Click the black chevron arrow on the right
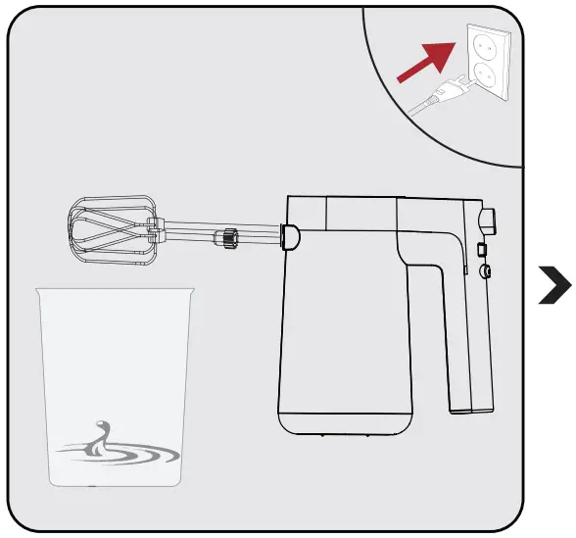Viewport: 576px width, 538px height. tap(555, 287)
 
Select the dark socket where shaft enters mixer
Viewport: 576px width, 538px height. tap(290, 235)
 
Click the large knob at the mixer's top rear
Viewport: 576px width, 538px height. tap(487, 220)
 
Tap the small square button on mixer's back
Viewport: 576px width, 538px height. tap(481, 251)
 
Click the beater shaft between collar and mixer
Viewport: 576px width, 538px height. tap(258, 236)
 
